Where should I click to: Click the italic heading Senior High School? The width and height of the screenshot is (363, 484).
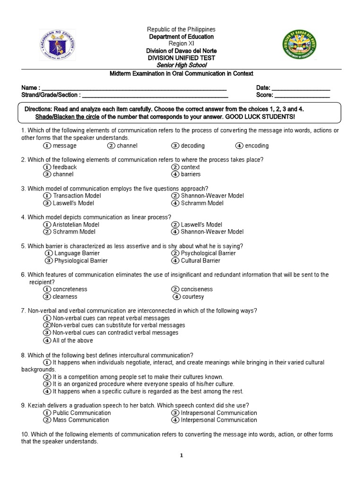(181, 65)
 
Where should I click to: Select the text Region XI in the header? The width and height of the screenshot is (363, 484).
(181, 43)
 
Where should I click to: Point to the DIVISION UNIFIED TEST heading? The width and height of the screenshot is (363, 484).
(181, 58)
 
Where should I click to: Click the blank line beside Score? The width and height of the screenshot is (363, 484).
(302, 95)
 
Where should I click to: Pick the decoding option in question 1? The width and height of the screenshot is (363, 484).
(175, 146)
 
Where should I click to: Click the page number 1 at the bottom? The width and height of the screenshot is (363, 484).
(181, 456)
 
